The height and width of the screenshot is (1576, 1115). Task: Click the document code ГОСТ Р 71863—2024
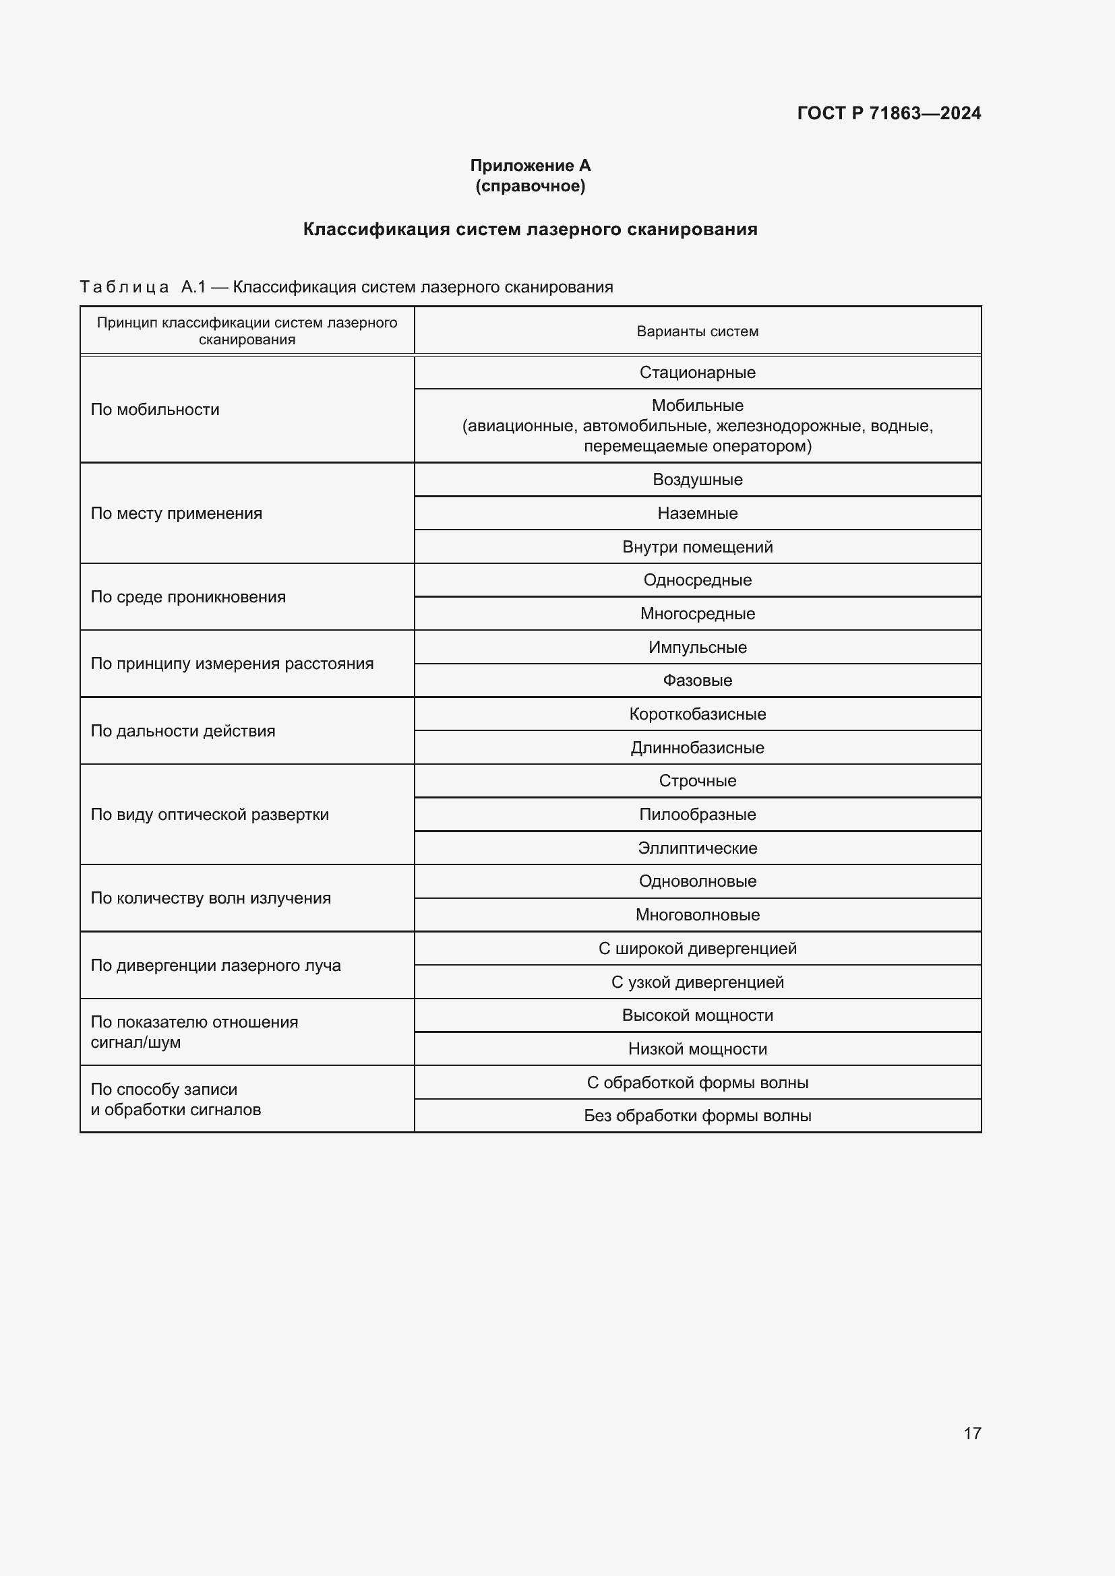click(x=888, y=113)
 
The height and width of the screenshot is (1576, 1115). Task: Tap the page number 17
click(x=972, y=1432)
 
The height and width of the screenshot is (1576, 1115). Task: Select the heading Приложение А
click(x=530, y=166)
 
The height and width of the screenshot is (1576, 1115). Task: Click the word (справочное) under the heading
click(x=530, y=186)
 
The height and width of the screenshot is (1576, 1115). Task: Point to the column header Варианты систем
click(x=697, y=332)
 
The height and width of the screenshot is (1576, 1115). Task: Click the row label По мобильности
click(x=155, y=410)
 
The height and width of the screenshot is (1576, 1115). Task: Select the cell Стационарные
click(x=697, y=373)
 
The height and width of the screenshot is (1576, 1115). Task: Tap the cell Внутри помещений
click(x=697, y=547)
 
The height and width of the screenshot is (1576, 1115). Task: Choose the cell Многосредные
click(x=697, y=614)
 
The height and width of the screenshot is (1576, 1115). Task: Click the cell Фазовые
click(x=697, y=681)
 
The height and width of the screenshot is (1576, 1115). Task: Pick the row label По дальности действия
click(x=183, y=731)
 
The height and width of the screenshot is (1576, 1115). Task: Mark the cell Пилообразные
click(x=697, y=815)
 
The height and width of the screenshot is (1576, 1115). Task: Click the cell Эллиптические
click(x=697, y=848)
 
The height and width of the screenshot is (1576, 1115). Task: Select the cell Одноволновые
click(x=697, y=881)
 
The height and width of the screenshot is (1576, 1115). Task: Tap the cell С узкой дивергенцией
click(x=697, y=982)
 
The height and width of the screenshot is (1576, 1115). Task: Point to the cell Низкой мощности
click(x=697, y=1049)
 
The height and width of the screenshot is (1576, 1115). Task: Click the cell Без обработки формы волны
click(x=697, y=1115)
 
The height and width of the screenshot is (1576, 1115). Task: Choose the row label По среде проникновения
click(x=188, y=597)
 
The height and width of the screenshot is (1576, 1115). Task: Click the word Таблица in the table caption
click(x=124, y=287)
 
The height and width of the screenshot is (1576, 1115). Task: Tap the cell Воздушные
click(x=697, y=480)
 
